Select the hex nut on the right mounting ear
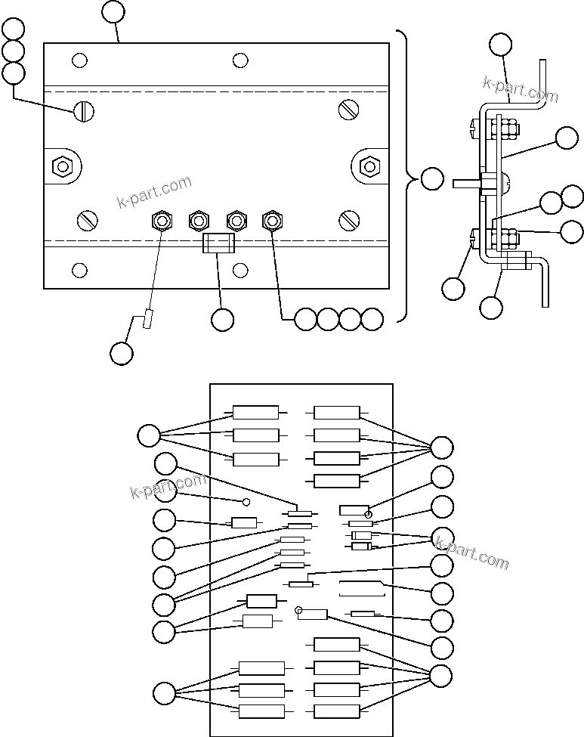369,165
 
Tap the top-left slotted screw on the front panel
84,112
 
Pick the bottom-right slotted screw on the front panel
348,220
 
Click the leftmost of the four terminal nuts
162,221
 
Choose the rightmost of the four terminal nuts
272,221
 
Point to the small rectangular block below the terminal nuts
219,243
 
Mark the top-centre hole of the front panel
240,60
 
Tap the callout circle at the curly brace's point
431,179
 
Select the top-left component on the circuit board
255,412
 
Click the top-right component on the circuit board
337,412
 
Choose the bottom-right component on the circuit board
337,711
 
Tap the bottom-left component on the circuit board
261,711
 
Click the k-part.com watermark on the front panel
155,192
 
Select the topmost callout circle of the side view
500,44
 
